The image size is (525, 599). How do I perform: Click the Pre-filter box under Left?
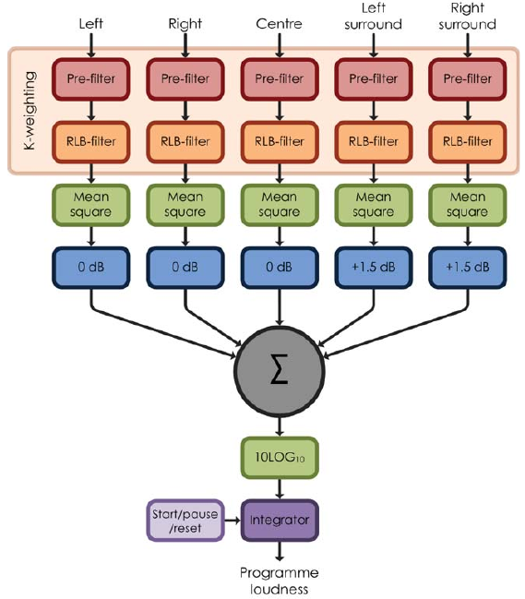click(x=90, y=79)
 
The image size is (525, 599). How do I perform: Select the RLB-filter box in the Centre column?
click(x=280, y=142)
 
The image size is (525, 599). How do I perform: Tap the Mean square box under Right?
click(x=185, y=205)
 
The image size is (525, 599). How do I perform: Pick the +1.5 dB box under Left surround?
click(x=374, y=268)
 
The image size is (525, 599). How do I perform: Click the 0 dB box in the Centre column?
click(x=280, y=268)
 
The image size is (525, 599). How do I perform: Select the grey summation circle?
click(x=280, y=371)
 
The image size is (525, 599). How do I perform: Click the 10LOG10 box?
click(x=280, y=458)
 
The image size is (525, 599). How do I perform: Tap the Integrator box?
click(x=280, y=521)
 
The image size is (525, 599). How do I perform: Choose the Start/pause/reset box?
click(x=185, y=521)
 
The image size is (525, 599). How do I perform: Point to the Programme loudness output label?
click(x=280, y=581)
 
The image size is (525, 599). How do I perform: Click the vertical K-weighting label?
click(x=30, y=111)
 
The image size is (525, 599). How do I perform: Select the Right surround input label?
click(x=468, y=16)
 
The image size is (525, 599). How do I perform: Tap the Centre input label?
click(x=280, y=24)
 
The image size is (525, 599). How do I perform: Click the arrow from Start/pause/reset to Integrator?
click(x=233, y=521)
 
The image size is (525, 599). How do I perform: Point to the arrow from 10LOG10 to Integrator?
click(x=280, y=489)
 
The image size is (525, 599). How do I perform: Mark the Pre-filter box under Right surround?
click(x=468, y=79)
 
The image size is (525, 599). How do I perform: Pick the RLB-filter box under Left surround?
click(x=374, y=142)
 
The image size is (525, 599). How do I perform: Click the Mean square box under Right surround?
click(x=468, y=205)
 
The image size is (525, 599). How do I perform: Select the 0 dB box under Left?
click(x=90, y=268)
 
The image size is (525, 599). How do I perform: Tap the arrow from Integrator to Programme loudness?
click(x=280, y=551)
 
